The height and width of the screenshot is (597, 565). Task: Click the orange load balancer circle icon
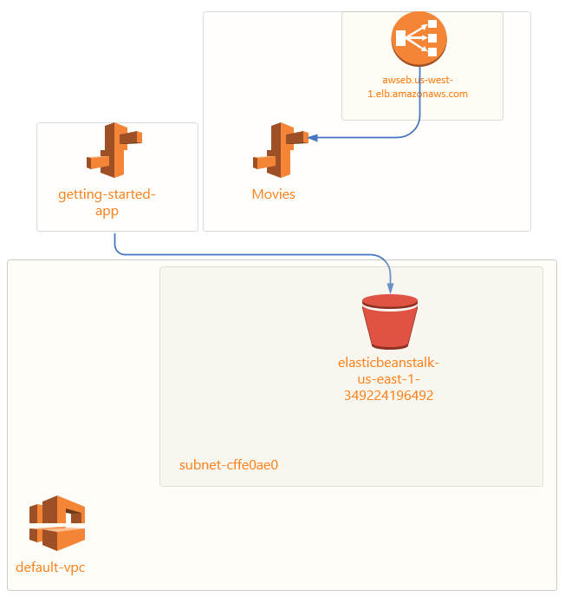click(419, 38)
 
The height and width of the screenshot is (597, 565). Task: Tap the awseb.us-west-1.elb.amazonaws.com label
click(418, 87)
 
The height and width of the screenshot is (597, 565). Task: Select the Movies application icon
click(279, 150)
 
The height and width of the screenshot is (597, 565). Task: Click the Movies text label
click(273, 194)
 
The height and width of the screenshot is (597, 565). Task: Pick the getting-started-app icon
click(114, 150)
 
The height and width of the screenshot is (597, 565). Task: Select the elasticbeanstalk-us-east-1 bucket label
click(389, 362)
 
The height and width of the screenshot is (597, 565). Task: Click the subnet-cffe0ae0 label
click(228, 465)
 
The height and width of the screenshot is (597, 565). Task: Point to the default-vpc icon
click(57, 523)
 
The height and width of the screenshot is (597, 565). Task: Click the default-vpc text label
click(50, 568)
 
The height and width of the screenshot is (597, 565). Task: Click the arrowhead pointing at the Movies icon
click(311, 137)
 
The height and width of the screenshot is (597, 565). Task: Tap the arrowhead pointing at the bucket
click(391, 288)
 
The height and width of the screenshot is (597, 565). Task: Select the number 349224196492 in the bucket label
click(389, 395)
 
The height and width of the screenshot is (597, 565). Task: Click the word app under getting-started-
click(107, 211)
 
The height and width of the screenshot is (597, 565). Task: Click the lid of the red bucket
click(391, 302)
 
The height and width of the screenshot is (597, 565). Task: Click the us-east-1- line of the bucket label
click(389, 378)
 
